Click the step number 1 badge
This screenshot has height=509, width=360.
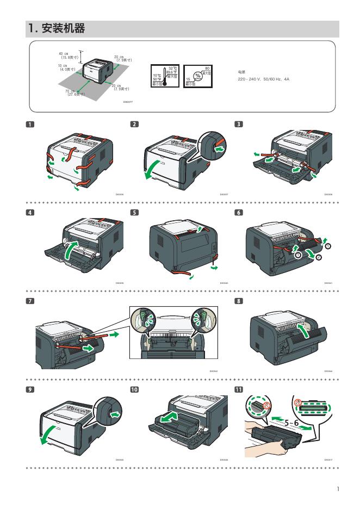[30, 124]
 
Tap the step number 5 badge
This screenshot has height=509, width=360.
[134, 212]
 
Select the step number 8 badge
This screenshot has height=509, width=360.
[239, 301]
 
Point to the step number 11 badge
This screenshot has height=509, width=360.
[239, 389]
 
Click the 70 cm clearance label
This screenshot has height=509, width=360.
[72, 92]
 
